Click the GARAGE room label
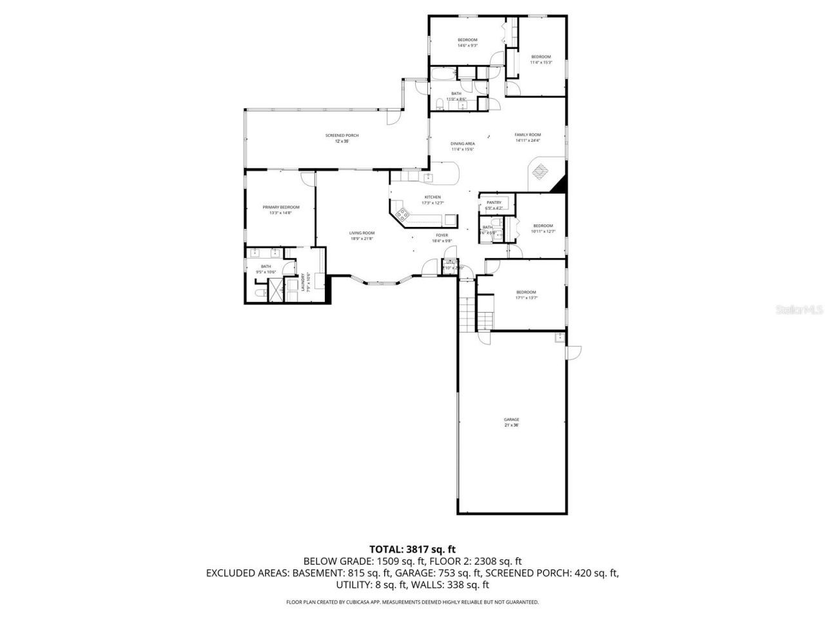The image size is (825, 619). (511, 420)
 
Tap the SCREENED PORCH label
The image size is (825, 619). (342, 135)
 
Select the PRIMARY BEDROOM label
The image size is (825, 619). (280, 207)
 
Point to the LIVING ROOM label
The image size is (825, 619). (362, 233)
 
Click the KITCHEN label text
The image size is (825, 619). (432, 197)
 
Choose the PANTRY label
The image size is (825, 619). (494, 202)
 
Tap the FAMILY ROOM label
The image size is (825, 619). (527, 135)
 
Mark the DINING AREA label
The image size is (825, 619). (463, 144)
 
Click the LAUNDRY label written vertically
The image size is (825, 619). (303, 282)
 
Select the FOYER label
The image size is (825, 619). (442, 235)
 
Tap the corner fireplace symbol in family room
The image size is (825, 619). (541, 171)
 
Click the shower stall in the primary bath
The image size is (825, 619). (275, 291)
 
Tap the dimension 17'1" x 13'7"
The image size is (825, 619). (526, 298)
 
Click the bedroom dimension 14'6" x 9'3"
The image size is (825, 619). (467, 46)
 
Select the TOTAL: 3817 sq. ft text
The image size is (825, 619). (412, 549)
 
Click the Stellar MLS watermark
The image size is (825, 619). (800, 310)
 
